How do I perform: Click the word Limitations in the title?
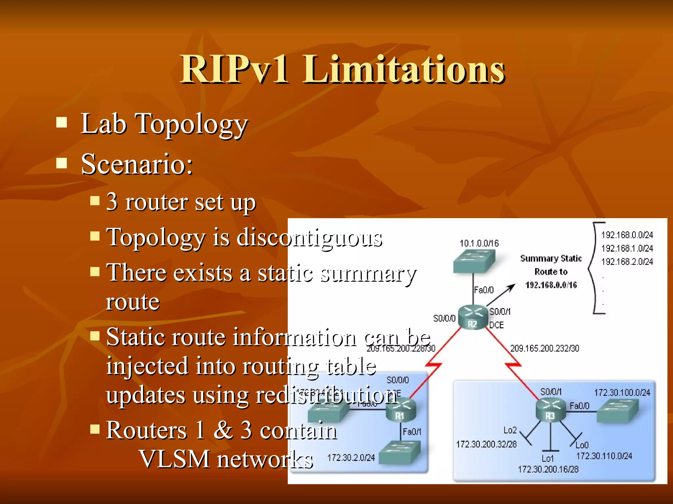point(404,70)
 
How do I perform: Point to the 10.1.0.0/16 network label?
point(479,243)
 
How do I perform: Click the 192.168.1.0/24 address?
point(627,248)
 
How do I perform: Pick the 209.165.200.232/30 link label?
point(545,348)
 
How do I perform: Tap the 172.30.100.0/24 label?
point(622,392)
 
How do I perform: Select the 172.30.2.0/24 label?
point(351,457)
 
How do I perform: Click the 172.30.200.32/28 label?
point(486,444)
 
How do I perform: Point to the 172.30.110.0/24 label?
point(604,456)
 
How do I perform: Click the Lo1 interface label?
point(547,458)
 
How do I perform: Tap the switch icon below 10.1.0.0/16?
point(474,261)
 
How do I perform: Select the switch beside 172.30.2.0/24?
point(400,452)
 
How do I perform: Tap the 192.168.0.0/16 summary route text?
point(551,285)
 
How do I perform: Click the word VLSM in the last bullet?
point(174,459)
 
